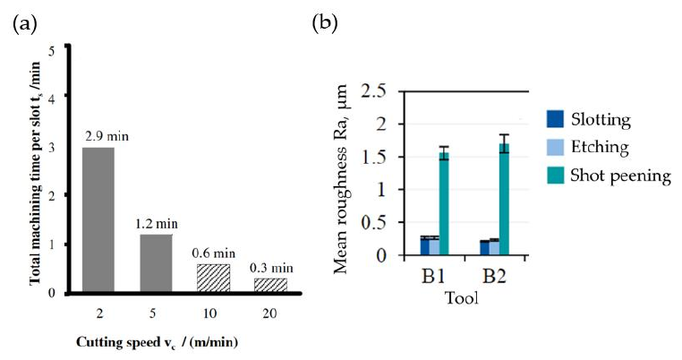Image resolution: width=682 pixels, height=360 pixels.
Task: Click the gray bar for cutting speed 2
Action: click(98, 219)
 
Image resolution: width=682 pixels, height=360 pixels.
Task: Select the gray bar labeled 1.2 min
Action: click(156, 262)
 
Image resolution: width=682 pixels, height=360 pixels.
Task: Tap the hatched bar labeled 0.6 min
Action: click(213, 278)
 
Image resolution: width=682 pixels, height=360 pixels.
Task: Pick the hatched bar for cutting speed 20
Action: click(271, 285)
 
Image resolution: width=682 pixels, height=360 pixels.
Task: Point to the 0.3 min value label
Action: click(271, 267)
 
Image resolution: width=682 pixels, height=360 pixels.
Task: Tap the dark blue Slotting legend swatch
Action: click(555, 119)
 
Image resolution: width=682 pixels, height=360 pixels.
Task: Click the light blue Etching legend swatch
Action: click(555, 148)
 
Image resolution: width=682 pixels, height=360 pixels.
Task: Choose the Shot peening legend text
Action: click(623, 176)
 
